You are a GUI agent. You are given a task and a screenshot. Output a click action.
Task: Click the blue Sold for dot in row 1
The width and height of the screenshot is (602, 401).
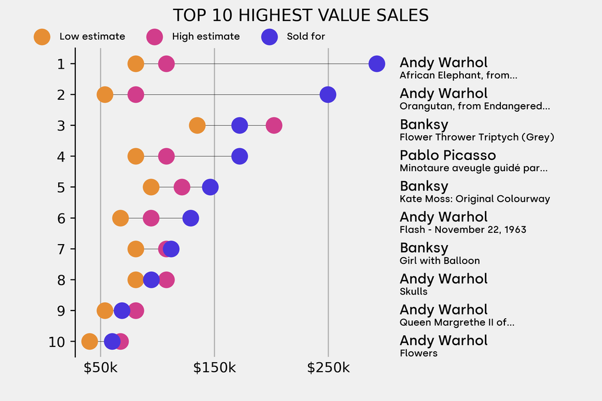[x=377, y=64]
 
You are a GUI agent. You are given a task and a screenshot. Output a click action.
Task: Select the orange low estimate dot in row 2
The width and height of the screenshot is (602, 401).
[x=105, y=95]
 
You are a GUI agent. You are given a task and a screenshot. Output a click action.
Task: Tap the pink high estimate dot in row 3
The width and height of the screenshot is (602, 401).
[x=273, y=125]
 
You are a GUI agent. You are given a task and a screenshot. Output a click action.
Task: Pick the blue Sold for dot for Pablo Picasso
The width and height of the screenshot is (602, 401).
[x=239, y=156]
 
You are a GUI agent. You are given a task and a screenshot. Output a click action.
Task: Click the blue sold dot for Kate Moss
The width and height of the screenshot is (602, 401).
[x=210, y=188]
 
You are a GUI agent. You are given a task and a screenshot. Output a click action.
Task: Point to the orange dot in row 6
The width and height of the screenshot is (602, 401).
[x=121, y=218]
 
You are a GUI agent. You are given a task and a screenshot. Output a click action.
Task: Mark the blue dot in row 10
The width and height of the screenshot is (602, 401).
[x=112, y=341]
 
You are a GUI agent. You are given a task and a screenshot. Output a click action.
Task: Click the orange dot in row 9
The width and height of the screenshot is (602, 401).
[x=105, y=310]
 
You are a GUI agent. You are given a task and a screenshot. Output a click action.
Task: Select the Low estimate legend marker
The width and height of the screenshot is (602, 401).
[x=42, y=36]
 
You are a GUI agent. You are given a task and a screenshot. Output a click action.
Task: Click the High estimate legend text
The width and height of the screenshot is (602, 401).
[x=206, y=36]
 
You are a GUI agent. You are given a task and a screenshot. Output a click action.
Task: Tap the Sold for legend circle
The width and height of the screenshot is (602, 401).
[x=269, y=36]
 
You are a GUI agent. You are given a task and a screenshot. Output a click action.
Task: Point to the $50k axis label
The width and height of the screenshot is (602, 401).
[x=101, y=369]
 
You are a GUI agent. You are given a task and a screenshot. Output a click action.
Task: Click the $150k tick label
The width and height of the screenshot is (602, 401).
[x=215, y=369]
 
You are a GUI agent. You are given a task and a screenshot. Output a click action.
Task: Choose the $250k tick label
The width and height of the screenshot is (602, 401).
[x=328, y=369]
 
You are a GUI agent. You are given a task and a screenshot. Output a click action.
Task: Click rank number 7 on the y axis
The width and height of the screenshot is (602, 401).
[x=61, y=249]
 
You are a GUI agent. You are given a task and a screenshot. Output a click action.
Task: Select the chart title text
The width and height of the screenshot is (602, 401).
[x=300, y=15]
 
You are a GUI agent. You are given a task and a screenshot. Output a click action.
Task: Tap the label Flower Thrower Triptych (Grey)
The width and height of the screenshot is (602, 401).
[x=477, y=137]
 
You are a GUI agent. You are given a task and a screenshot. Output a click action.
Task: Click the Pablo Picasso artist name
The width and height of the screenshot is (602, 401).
[x=447, y=155]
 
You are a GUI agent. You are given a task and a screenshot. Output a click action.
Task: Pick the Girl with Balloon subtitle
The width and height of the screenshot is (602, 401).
[x=440, y=260]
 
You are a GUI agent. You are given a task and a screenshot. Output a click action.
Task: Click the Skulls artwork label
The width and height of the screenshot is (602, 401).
[x=413, y=292]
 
